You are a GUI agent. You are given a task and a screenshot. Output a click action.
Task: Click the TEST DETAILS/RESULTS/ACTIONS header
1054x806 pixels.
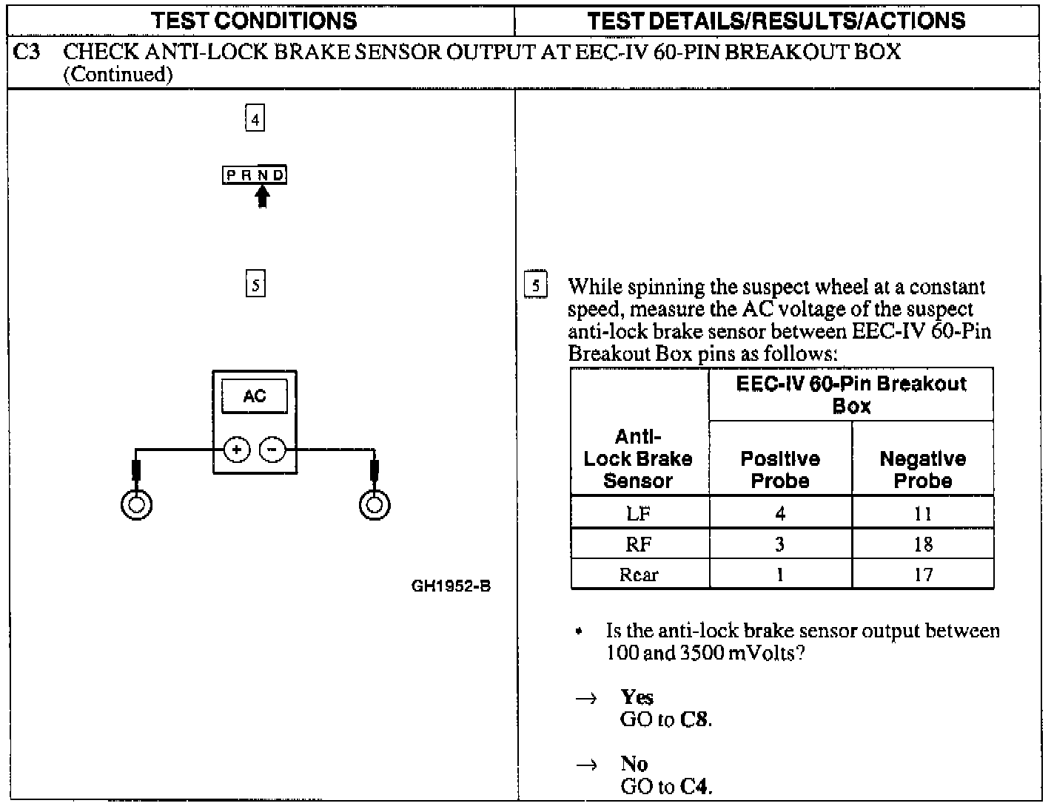pyautogui.click(x=776, y=20)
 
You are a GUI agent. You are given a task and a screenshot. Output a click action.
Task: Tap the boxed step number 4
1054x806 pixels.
pyautogui.click(x=255, y=118)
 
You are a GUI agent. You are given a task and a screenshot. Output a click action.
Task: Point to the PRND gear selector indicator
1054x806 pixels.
pyautogui.click(x=255, y=175)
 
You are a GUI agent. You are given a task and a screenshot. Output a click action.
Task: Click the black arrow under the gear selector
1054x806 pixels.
pyautogui.click(x=261, y=196)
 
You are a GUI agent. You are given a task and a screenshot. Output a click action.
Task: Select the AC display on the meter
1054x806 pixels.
pyautogui.click(x=255, y=396)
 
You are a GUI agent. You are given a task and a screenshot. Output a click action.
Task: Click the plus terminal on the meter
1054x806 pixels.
pyautogui.click(x=237, y=449)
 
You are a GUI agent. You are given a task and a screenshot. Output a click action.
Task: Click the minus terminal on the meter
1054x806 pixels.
pyautogui.click(x=272, y=449)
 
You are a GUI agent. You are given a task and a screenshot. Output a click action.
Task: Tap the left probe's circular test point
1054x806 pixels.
pyautogui.click(x=137, y=505)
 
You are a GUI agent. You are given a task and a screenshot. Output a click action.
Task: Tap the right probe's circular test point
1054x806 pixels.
pyautogui.click(x=375, y=505)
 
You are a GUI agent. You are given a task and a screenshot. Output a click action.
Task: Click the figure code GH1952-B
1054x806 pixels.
pyautogui.click(x=451, y=586)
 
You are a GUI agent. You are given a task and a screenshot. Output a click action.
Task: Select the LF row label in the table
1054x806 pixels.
pyautogui.click(x=639, y=513)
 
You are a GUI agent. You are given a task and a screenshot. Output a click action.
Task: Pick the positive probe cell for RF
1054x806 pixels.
pyautogui.click(x=779, y=544)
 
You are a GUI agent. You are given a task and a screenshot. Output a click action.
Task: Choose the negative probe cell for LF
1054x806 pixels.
pyautogui.click(x=923, y=513)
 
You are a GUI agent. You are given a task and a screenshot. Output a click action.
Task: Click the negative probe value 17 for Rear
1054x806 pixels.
pyautogui.click(x=923, y=575)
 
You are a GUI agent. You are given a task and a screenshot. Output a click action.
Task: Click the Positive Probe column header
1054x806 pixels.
pyautogui.click(x=780, y=470)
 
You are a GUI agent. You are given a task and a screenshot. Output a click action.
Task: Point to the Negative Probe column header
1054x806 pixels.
pyautogui.click(x=922, y=470)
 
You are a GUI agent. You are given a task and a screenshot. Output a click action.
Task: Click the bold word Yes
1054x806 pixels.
pyautogui.click(x=637, y=697)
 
